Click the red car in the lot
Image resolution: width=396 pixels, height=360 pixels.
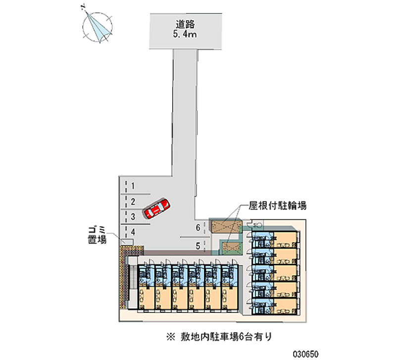pos(156,208)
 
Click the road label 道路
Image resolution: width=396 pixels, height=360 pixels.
pos(186,23)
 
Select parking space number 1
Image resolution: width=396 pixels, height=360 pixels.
pos(133,186)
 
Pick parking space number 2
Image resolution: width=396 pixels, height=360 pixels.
pos(133,202)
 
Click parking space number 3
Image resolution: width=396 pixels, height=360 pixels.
pos(133,216)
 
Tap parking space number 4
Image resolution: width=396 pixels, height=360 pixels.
pos(133,231)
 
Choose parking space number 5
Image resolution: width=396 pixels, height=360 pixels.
pos(198,245)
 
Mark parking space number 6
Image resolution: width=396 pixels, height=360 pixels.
pos(198,228)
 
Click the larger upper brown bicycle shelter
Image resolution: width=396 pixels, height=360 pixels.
pos(226,226)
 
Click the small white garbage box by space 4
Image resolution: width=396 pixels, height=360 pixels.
pos(127,242)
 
